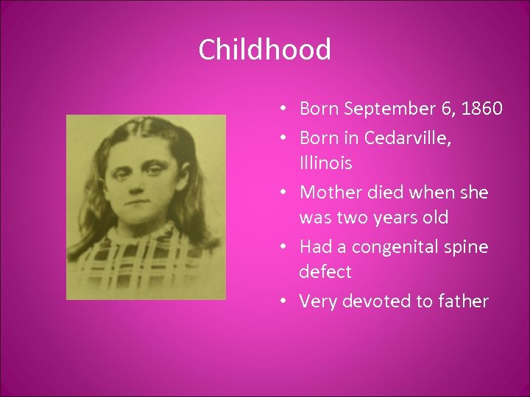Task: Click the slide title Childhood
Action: click(x=265, y=50)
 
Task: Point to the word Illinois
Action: click(x=325, y=162)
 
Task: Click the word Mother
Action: click(x=332, y=192)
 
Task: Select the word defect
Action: click(x=325, y=272)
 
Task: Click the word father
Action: click(x=464, y=301)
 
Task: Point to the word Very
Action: click(x=318, y=301)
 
